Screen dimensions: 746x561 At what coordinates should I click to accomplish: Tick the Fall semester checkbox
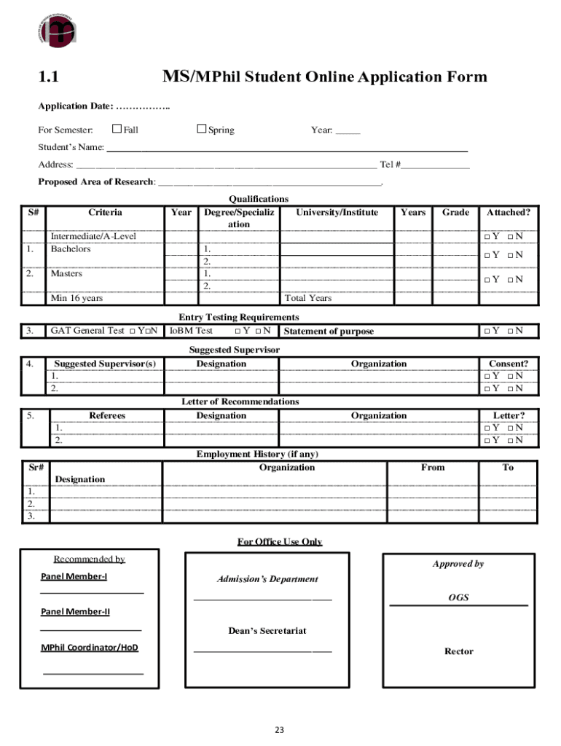[x=117, y=129]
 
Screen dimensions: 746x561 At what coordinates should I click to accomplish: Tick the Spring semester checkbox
[x=202, y=129]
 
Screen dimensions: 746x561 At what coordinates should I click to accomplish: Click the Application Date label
[x=75, y=106]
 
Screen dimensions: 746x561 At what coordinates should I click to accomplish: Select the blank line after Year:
[x=348, y=131]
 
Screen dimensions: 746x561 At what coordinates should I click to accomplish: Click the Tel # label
[x=390, y=165]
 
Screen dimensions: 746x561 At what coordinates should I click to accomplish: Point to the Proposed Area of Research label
[x=96, y=182]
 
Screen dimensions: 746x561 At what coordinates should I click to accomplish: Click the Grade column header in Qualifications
[x=455, y=212]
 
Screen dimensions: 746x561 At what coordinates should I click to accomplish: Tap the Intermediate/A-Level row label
[x=93, y=236]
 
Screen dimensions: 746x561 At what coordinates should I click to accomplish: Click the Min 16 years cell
[x=76, y=298]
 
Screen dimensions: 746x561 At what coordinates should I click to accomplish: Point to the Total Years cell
[x=308, y=298]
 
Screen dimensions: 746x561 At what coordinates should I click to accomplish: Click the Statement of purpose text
[x=329, y=331]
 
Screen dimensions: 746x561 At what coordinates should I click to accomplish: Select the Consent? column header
[x=509, y=364]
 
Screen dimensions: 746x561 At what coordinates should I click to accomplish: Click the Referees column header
[x=107, y=415]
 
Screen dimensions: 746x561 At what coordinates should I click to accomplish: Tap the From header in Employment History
[x=433, y=467]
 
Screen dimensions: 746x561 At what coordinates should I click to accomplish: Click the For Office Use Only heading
[x=280, y=541]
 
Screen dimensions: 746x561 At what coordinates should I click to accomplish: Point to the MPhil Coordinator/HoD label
[x=89, y=647]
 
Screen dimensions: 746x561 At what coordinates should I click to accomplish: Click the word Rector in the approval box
[x=459, y=651]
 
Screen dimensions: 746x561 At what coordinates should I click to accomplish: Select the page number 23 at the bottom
[x=280, y=729]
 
